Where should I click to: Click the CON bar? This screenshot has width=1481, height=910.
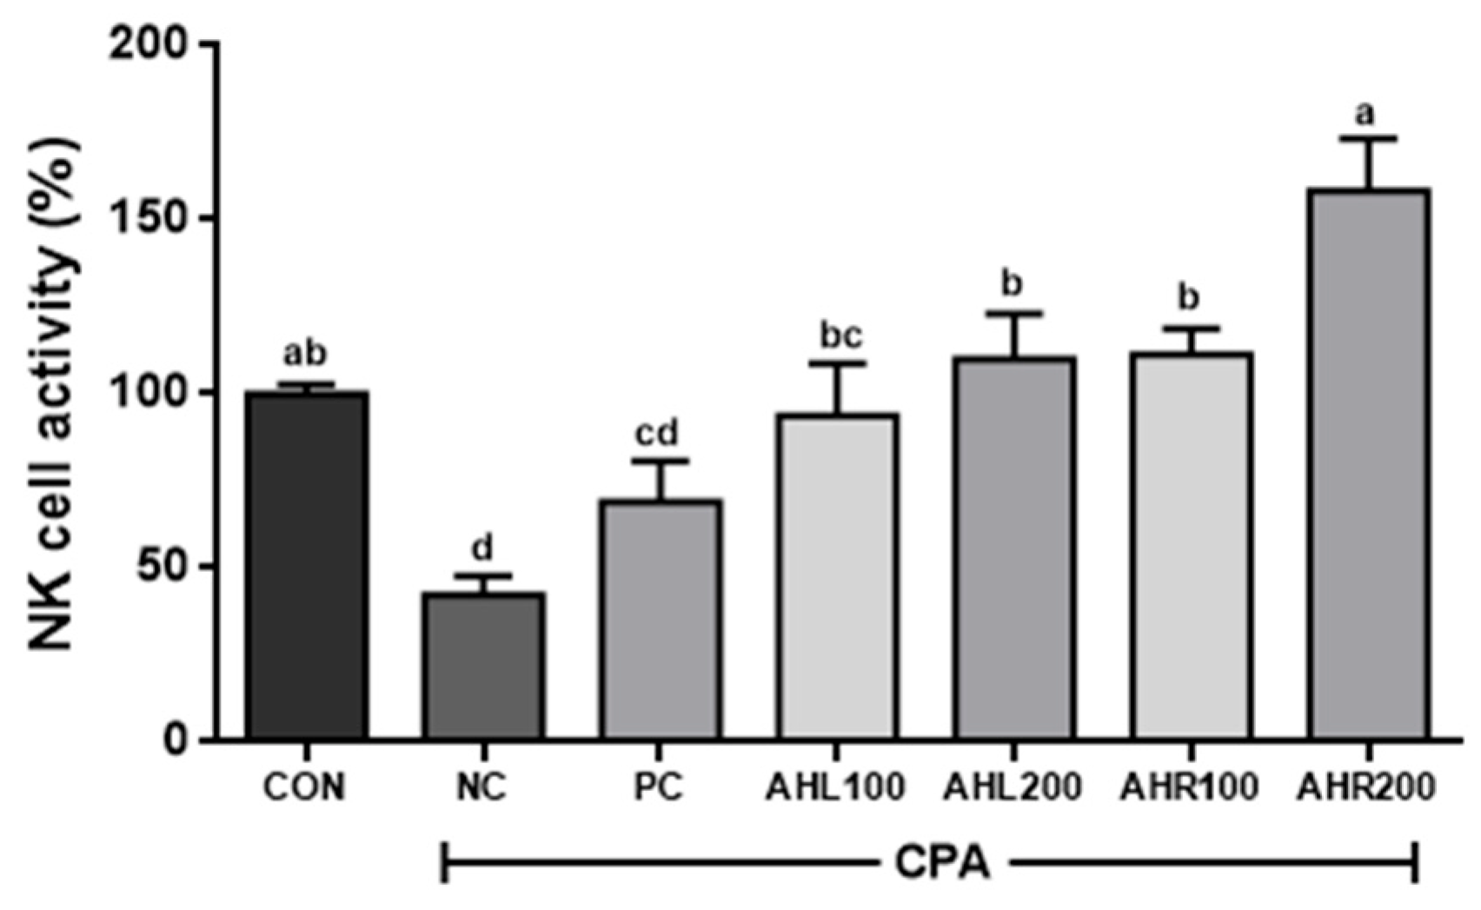[x=306, y=565]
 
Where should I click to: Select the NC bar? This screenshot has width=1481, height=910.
[x=483, y=665]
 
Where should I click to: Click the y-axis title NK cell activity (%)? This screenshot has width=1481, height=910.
[x=54, y=392]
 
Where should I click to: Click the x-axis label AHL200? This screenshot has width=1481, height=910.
[x=1013, y=787]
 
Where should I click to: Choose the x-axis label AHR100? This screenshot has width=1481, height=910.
[x=1189, y=787]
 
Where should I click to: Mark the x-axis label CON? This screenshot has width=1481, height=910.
[x=304, y=787]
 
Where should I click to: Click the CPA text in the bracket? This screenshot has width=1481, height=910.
[x=941, y=863]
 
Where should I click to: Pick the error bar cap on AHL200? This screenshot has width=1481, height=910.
[x=1013, y=313]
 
